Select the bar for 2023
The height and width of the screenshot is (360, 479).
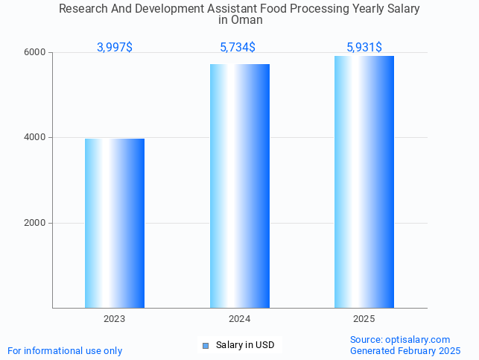click(115, 223)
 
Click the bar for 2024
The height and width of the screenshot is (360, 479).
click(239, 186)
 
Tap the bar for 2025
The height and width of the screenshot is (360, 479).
click(364, 182)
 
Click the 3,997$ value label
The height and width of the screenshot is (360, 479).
click(115, 48)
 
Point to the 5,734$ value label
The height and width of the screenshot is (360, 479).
click(238, 48)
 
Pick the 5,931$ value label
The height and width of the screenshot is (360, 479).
click(364, 48)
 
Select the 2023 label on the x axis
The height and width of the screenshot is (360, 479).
click(115, 319)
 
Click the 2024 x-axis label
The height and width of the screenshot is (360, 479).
click(239, 319)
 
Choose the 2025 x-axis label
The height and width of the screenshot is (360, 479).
click(364, 319)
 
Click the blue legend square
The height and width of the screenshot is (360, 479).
click(206, 345)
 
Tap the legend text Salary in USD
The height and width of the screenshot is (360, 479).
click(245, 345)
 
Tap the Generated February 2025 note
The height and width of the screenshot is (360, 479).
click(405, 350)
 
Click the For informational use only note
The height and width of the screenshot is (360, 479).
click(65, 350)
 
